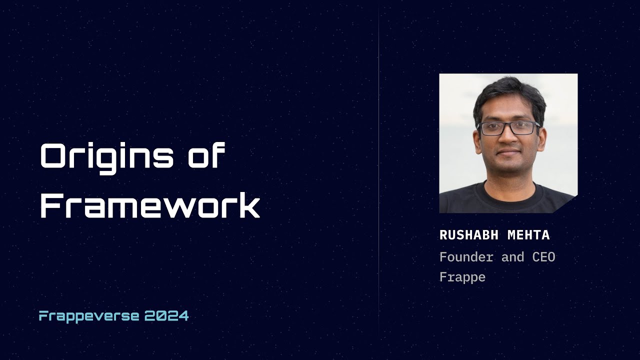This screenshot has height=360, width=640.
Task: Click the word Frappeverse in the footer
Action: (89, 316)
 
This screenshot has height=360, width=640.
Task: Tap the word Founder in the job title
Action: (466, 257)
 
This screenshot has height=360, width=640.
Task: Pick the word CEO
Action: (542, 257)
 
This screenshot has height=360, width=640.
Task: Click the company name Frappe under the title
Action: (462, 277)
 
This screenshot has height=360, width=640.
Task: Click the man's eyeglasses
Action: (508, 128)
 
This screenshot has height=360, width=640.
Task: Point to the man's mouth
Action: (508, 152)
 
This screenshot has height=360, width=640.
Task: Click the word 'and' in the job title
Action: (512, 257)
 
